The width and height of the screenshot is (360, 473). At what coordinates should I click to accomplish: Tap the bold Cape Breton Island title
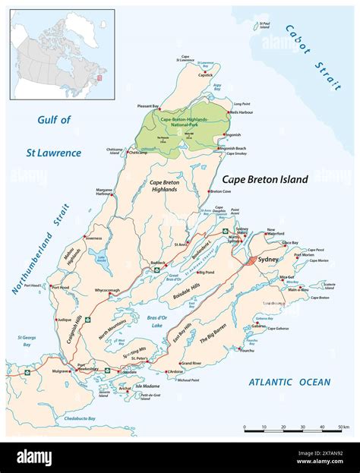(x=265, y=180)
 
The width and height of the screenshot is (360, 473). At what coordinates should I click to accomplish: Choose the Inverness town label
(x=93, y=238)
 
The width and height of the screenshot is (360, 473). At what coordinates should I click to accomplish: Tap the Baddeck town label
(x=157, y=263)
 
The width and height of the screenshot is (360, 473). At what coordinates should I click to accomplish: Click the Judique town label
(x=60, y=320)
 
